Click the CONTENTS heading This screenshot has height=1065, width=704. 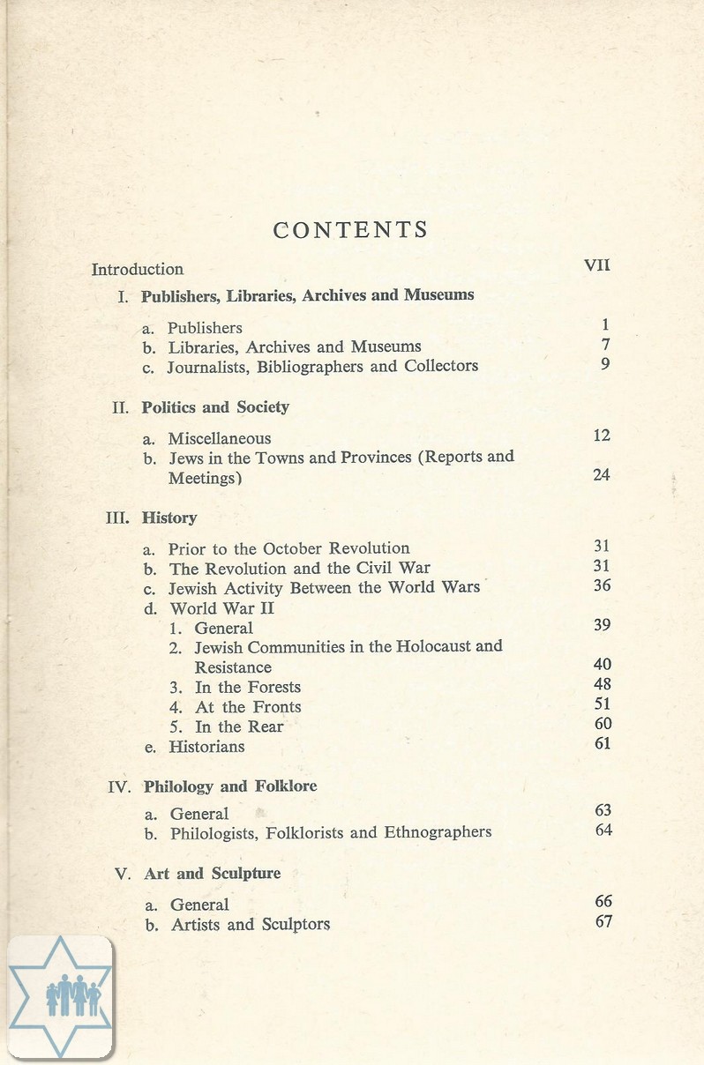click(x=350, y=230)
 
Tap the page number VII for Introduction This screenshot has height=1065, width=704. click(x=597, y=264)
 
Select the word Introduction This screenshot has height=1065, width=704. click(x=138, y=269)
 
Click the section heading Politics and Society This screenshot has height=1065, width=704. click(x=215, y=407)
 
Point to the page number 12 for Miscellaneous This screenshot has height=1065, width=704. click(x=602, y=436)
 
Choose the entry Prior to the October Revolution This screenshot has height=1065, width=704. click(x=289, y=548)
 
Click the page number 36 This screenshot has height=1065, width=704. click(x=602, y=585)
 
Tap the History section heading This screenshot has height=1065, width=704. click(x=169, y=518)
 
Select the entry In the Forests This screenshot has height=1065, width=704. click(x=247, y=687)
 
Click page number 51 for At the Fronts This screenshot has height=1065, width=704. click(x=603, y=704)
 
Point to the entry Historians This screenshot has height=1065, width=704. click(x=207, y=746)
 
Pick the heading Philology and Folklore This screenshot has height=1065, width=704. click(x=230, y=786)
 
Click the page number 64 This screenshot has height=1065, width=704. click(x=603, y=830)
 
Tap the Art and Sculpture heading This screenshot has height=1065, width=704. click(x=212, y=874)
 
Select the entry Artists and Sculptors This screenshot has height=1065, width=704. click(x=251, y=924)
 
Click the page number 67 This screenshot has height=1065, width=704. click(x=603, y=921)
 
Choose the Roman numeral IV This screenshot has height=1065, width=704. click(x=119, y=786)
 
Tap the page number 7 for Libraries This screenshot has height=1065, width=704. click(x=605, y=345)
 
